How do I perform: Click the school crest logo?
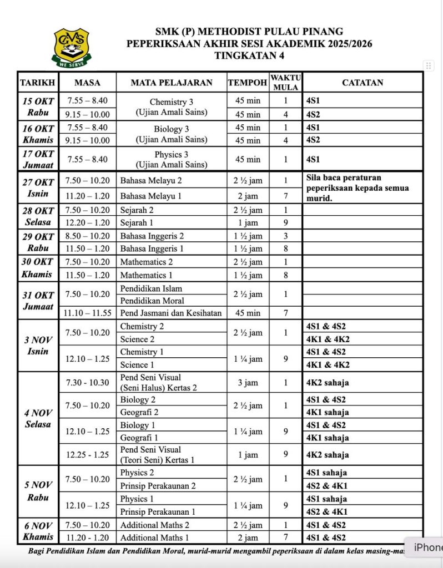tap(71, 48)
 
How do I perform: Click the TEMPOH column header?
tap(247, 83)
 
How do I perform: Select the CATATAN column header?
tap(362, 83)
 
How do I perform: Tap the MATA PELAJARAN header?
tap(171, 83)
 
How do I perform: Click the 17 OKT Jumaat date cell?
tap(37, 159)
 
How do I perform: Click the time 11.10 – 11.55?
tap(87, 313)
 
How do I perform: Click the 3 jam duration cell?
tap(247, 382)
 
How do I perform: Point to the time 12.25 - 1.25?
tap(87, 455)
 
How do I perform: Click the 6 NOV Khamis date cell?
tap(37, 531)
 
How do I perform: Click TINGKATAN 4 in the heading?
tap(249, 55)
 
